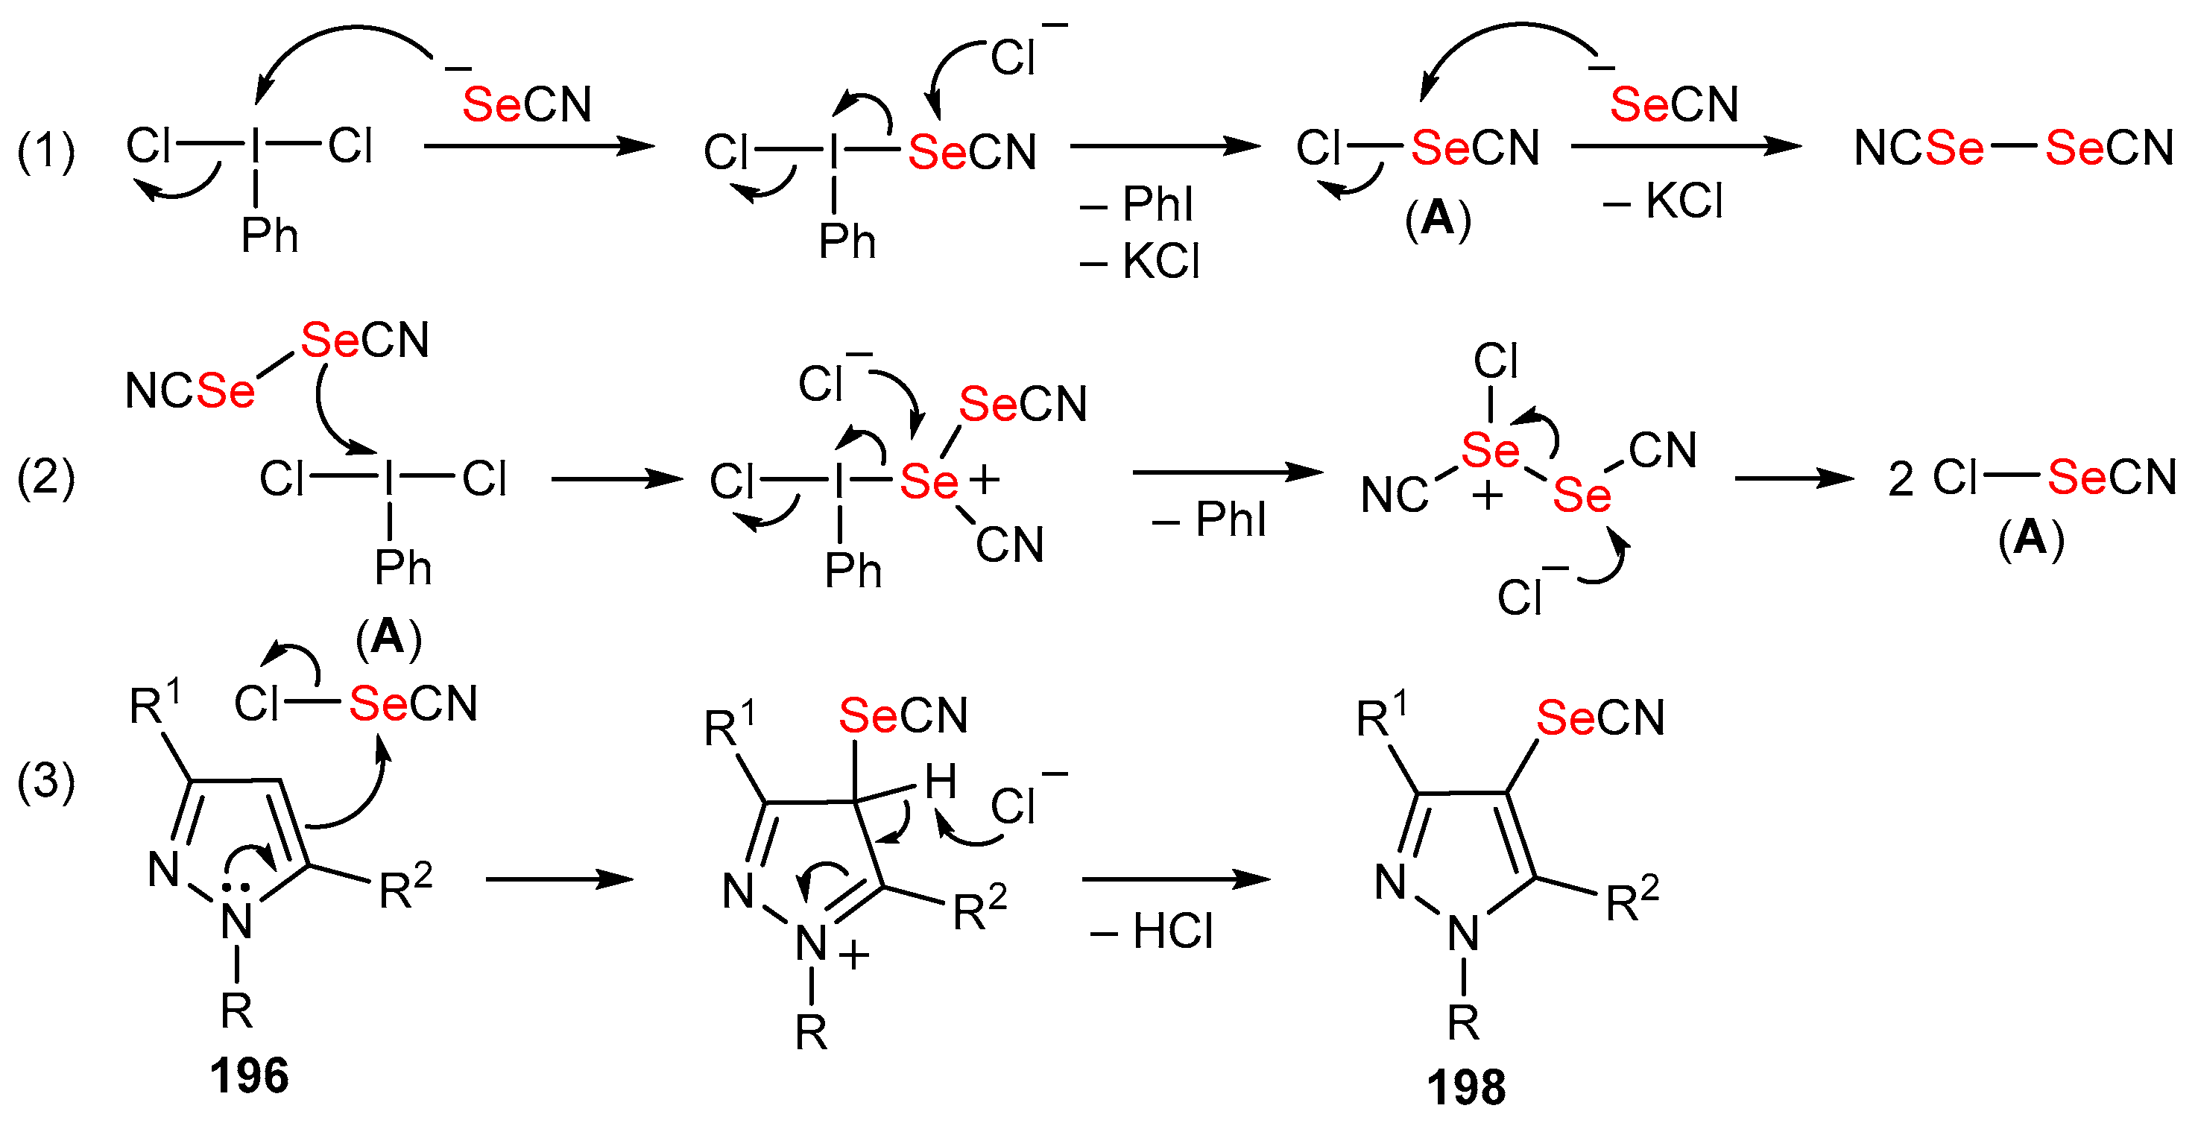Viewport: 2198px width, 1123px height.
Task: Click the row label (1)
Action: [46, 151]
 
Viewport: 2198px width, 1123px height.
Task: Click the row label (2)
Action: [46, 477]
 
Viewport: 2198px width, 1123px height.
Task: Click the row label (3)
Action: [46, 781]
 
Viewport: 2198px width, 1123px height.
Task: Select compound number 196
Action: [249, 1075]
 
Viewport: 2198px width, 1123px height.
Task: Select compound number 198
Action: [1466, 1086]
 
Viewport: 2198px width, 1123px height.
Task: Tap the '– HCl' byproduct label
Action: [1152, 931]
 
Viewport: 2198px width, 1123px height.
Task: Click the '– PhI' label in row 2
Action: [1209, 519]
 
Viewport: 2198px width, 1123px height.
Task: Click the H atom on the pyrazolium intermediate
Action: [941, 781]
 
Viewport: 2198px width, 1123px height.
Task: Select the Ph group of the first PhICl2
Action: [270, 235]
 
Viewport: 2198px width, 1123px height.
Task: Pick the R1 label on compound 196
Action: [154, 704]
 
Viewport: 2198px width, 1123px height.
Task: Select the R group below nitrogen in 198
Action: [1463, 1022]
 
